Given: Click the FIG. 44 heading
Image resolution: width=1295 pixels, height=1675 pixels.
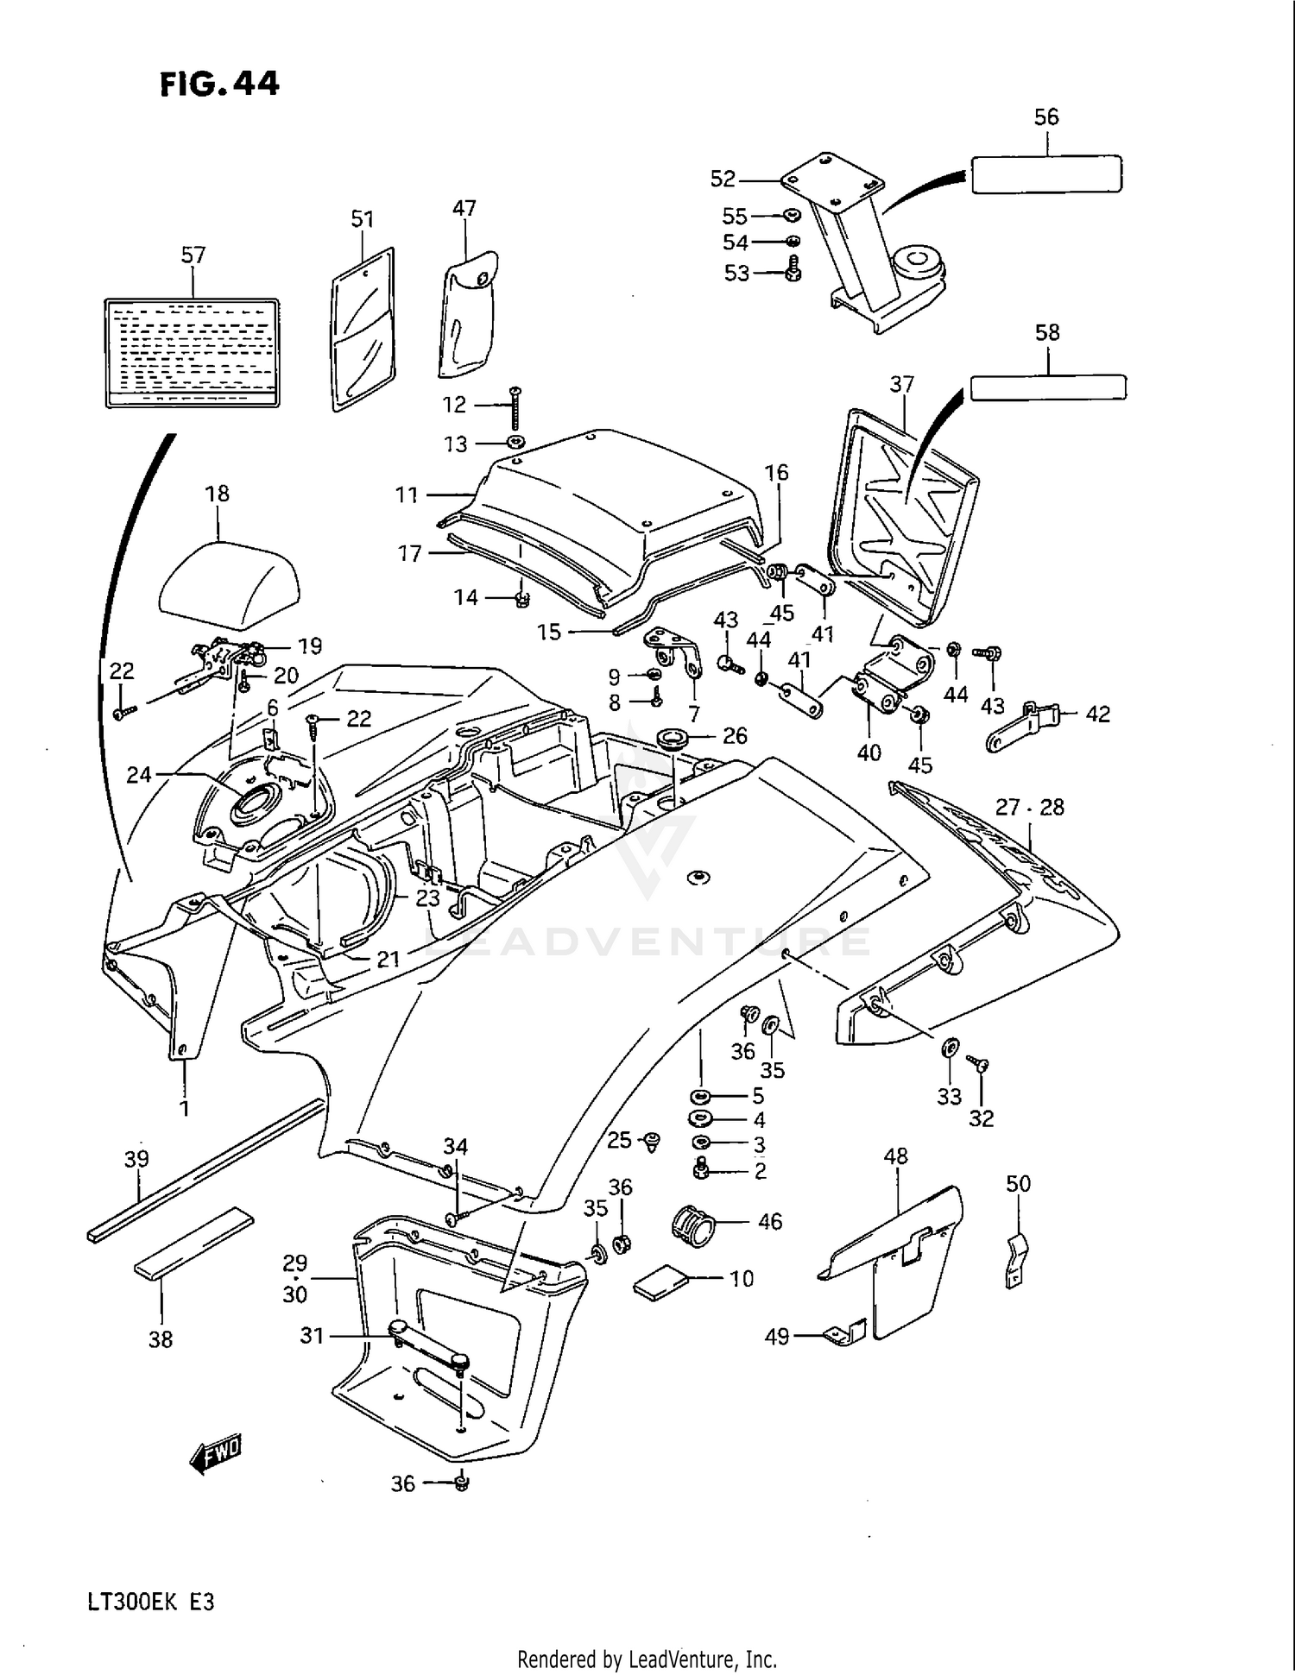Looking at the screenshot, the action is pyautogui.click(x=219, y=84).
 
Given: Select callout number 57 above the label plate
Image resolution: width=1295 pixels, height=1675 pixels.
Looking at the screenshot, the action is pyautogui.click(x=193, y=255).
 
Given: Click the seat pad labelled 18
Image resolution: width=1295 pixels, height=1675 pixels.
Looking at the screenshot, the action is pyautogui.click(x=229, y=585).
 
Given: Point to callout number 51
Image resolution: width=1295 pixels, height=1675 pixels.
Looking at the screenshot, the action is pyautogui.click(x=363, y=219).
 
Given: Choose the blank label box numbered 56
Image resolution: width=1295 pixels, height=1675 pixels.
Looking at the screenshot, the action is pyautogui.click(x=1046, y=173).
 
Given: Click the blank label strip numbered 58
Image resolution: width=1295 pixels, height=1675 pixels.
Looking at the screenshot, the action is pyautogui.click(x=1048, y=387).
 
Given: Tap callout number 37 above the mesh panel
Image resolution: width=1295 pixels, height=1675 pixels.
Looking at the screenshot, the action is pyautogui.click(x=902, y=384).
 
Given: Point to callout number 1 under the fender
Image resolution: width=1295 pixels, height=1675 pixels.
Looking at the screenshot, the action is pyautogui.click(x=184, y=1107).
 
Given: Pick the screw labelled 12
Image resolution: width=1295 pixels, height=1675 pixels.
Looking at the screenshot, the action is pyautogui.click(x=515, y=408).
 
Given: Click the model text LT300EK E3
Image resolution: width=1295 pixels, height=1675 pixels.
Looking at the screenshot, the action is pyautogui.click(x=150, y=1603).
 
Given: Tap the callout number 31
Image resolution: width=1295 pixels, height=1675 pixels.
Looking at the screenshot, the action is pyautogui.click(x=312, y=1336).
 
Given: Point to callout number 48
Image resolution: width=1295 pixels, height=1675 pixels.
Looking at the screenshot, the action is pyautogui.click(x=896, y=1155).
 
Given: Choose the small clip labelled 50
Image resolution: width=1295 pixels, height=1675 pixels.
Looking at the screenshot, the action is pyautogui.click(x=1017, y=1261).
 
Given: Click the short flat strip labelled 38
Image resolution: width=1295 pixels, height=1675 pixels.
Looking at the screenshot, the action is pyautogui.click(x=194, y=1243).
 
